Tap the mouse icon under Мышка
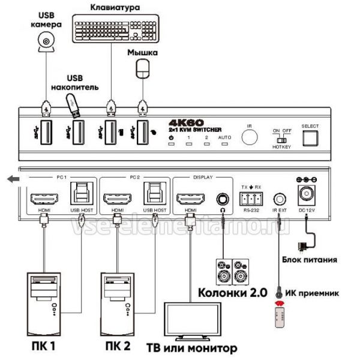[x=142, y=69]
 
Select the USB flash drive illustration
[x=72, y=104]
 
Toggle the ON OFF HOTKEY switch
[x=281, y=140]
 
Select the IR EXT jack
[x=278, y=197]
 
